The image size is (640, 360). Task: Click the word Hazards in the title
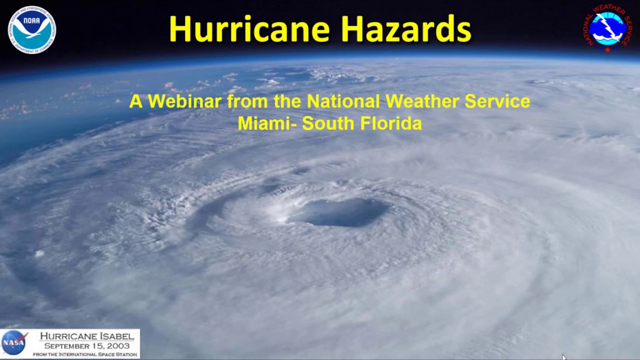[x=406, y=29]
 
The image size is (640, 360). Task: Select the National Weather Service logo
[x=607, y=28]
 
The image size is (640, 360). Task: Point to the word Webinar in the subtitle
[x=184, y=101]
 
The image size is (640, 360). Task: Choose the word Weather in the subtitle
[x=422, y=101]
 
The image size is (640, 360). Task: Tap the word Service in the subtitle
[x=497, y=101]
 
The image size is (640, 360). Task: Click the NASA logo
[x=14, y=343]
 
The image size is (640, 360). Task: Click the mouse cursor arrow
[x=564, y=357]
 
